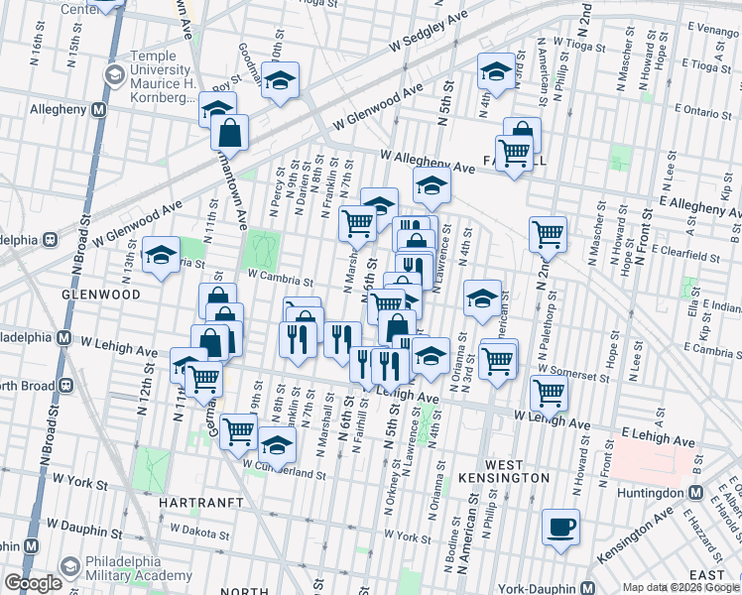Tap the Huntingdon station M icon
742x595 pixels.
point(695,493)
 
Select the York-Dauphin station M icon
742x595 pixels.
point(588,586)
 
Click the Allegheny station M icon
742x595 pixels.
point(98,110)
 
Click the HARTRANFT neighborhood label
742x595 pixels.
point(200,503)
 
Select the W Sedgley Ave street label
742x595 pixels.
point(428,33)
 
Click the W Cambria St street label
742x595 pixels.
point(280,282)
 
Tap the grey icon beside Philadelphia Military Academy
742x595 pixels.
point(69,567)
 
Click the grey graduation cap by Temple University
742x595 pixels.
point(114,74)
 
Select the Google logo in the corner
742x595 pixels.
point(33,583)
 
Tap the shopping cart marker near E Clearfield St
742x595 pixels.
point(548,234)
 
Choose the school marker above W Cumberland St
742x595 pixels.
point(278,443)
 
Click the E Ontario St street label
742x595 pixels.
point(701,115)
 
